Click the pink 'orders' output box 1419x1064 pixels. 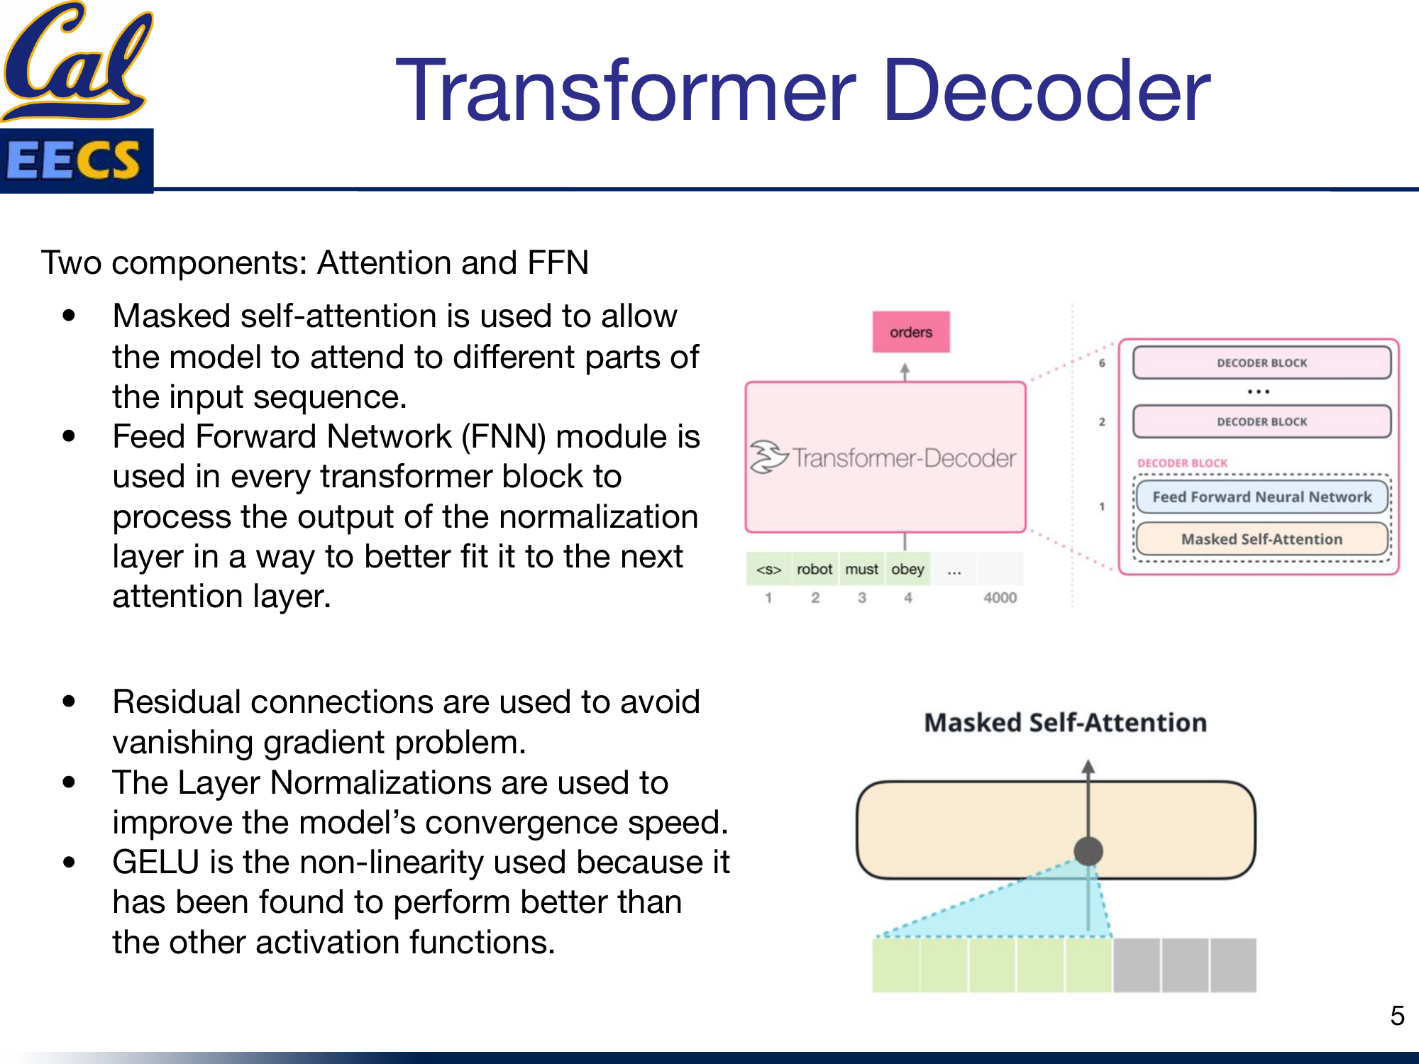point(910,332)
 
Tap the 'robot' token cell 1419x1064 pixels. point(814,569)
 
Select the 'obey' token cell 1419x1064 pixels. point(907,569)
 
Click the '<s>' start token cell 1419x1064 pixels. point(768,569)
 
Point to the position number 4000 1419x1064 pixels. point(1000,597)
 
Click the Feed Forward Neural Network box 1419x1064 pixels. point(1261,497)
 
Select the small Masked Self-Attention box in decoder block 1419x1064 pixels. point(1261,539)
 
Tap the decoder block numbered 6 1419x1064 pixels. point(1261,362)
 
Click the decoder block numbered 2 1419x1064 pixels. point(1261,421)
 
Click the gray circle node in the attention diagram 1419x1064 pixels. point(1088,850)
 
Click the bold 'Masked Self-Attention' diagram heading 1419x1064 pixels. point(1065,722)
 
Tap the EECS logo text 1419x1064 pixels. point(74,160)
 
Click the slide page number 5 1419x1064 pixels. point(1397,1016)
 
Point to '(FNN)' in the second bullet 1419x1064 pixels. point(503,436)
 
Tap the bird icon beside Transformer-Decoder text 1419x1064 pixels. point(768,457)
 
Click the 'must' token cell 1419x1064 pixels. point(861,569)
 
